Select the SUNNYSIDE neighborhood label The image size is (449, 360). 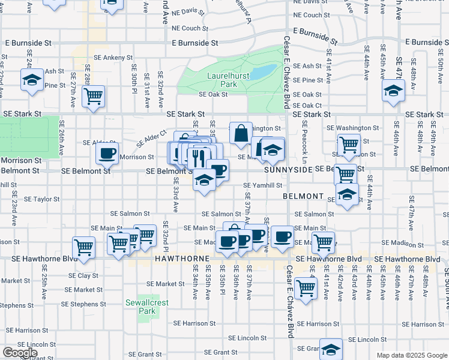[289, 170]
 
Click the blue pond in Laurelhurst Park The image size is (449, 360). [262, 73]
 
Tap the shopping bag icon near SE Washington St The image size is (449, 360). [241, 134]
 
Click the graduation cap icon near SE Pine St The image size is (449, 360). [31, 79]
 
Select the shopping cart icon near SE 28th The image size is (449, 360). [93, 97]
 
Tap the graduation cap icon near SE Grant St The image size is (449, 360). [331, 349]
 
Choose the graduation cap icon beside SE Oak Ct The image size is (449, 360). [394, 91]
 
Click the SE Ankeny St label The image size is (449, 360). [109, 58]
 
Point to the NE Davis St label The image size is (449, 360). [188, 11]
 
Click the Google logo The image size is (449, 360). [20, 353]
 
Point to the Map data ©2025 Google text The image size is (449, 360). [412, 355]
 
